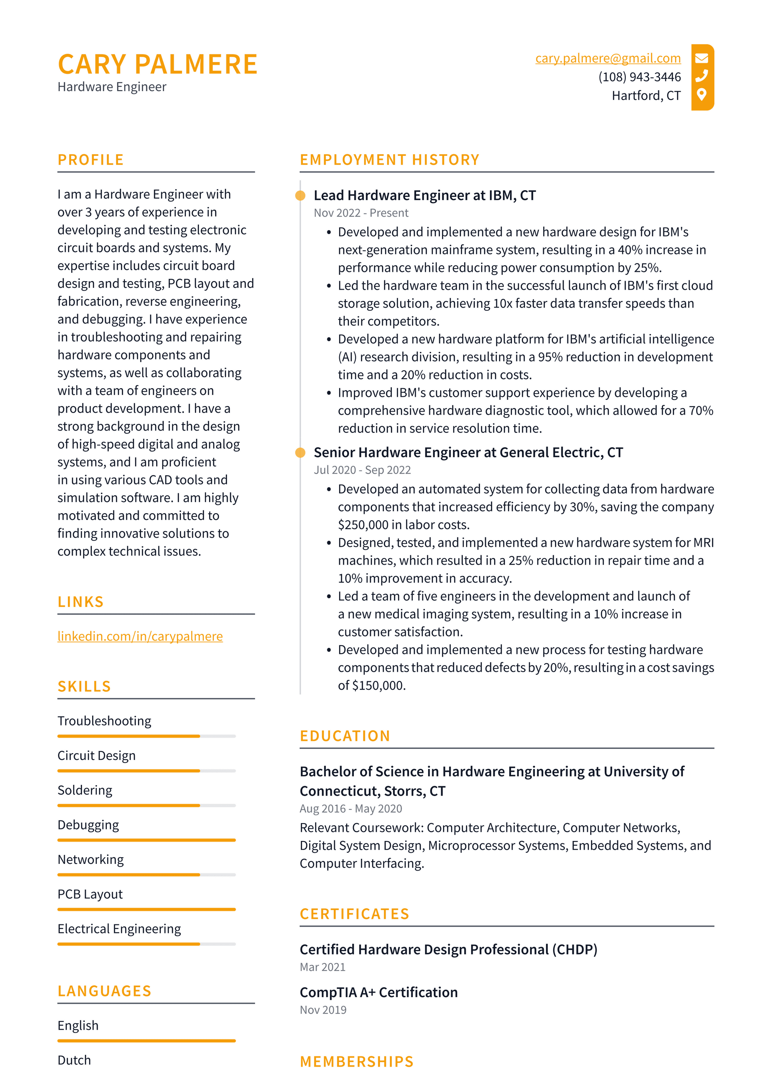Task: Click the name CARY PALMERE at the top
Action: pos(157,64)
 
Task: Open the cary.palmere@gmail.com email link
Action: pos(608,59)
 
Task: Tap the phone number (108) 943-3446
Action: pos(639,77)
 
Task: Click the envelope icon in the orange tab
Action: pos(702,59)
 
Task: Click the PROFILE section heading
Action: pos(91,160)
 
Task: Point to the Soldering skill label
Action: pos(85,790)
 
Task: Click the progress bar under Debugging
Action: pos(146,840)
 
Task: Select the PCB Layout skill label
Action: pos(90,894)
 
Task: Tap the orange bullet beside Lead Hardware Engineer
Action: pos(300,196)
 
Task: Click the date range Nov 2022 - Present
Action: pos(361,213)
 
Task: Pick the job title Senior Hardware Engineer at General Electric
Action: pos(468,452)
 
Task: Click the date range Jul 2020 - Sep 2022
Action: pos(362,470)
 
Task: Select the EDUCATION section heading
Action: pos(345,736)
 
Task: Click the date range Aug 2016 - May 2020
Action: pos(351,809)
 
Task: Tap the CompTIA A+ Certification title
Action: pos(379,992)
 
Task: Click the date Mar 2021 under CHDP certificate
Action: pos(323,967)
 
